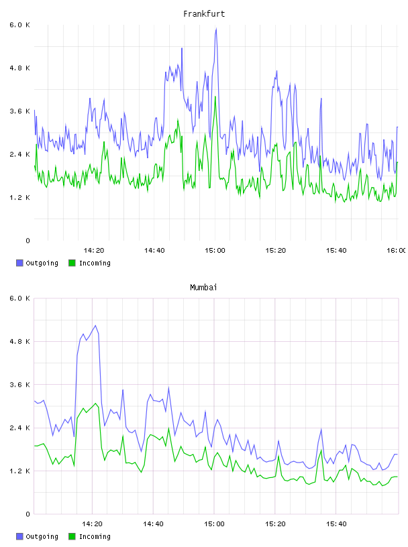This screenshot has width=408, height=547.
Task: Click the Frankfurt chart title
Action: [x=204, y=14]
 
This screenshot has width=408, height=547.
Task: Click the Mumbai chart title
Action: [x=203, y=288]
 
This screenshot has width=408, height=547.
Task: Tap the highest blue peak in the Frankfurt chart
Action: [x=216, y=29]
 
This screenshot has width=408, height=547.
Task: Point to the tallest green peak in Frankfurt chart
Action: [x=215, y=97]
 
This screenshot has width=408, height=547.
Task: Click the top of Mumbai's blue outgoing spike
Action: [x=95, y=326]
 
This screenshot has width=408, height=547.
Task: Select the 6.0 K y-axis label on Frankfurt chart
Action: [x=20, y=25]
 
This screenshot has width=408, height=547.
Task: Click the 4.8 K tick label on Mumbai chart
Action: [x=20, y=341]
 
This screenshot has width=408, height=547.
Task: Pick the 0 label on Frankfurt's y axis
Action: [x=28, y=241]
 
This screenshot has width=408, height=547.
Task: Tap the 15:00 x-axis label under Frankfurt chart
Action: [x=215, y=251]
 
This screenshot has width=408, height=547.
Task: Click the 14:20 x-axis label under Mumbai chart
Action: [x=92, y=524]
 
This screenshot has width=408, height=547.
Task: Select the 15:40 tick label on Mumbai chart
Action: [x=336, y=524]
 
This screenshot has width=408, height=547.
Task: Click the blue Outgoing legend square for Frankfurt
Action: [x=19, y=263]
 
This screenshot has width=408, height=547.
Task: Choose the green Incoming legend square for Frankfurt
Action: [x=72, y=263]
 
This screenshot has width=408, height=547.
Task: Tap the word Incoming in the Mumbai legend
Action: [x=95, y=536]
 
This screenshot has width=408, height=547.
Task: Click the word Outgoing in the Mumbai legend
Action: [x=42, y=536]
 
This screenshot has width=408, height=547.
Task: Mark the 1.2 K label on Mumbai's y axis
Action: [x=20, y=471]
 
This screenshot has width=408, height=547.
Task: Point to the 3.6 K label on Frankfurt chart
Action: [x=20, y=111]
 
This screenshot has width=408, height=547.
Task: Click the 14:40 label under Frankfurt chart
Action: [x=154, y=251]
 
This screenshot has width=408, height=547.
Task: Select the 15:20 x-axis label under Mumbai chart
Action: [x=275, y=524]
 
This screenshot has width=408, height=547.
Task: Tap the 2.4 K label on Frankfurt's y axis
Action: [x=20, y=155]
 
